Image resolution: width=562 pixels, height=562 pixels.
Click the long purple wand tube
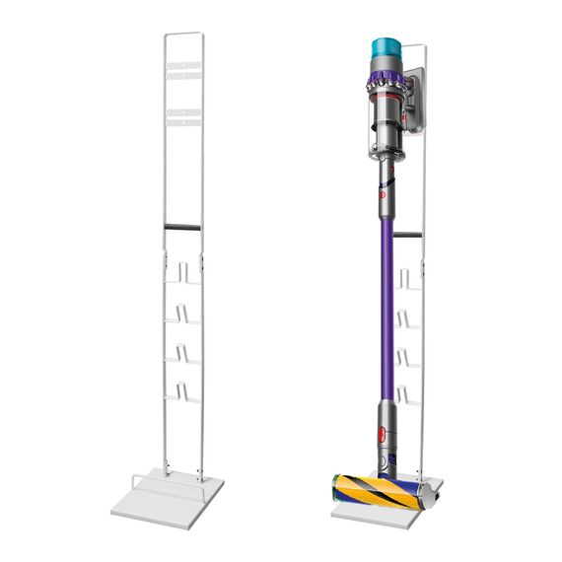coord(384,296)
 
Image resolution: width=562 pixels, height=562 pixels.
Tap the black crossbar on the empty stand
coord(182,228)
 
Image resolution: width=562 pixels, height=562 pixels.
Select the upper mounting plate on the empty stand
coord(184,69)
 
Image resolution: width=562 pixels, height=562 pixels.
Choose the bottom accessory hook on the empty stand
coord(187,391)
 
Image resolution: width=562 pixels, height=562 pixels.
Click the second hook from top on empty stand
coord(187,313)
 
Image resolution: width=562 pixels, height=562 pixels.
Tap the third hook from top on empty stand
coord(187,352)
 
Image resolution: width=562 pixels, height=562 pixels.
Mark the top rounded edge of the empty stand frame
coord(184,34)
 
